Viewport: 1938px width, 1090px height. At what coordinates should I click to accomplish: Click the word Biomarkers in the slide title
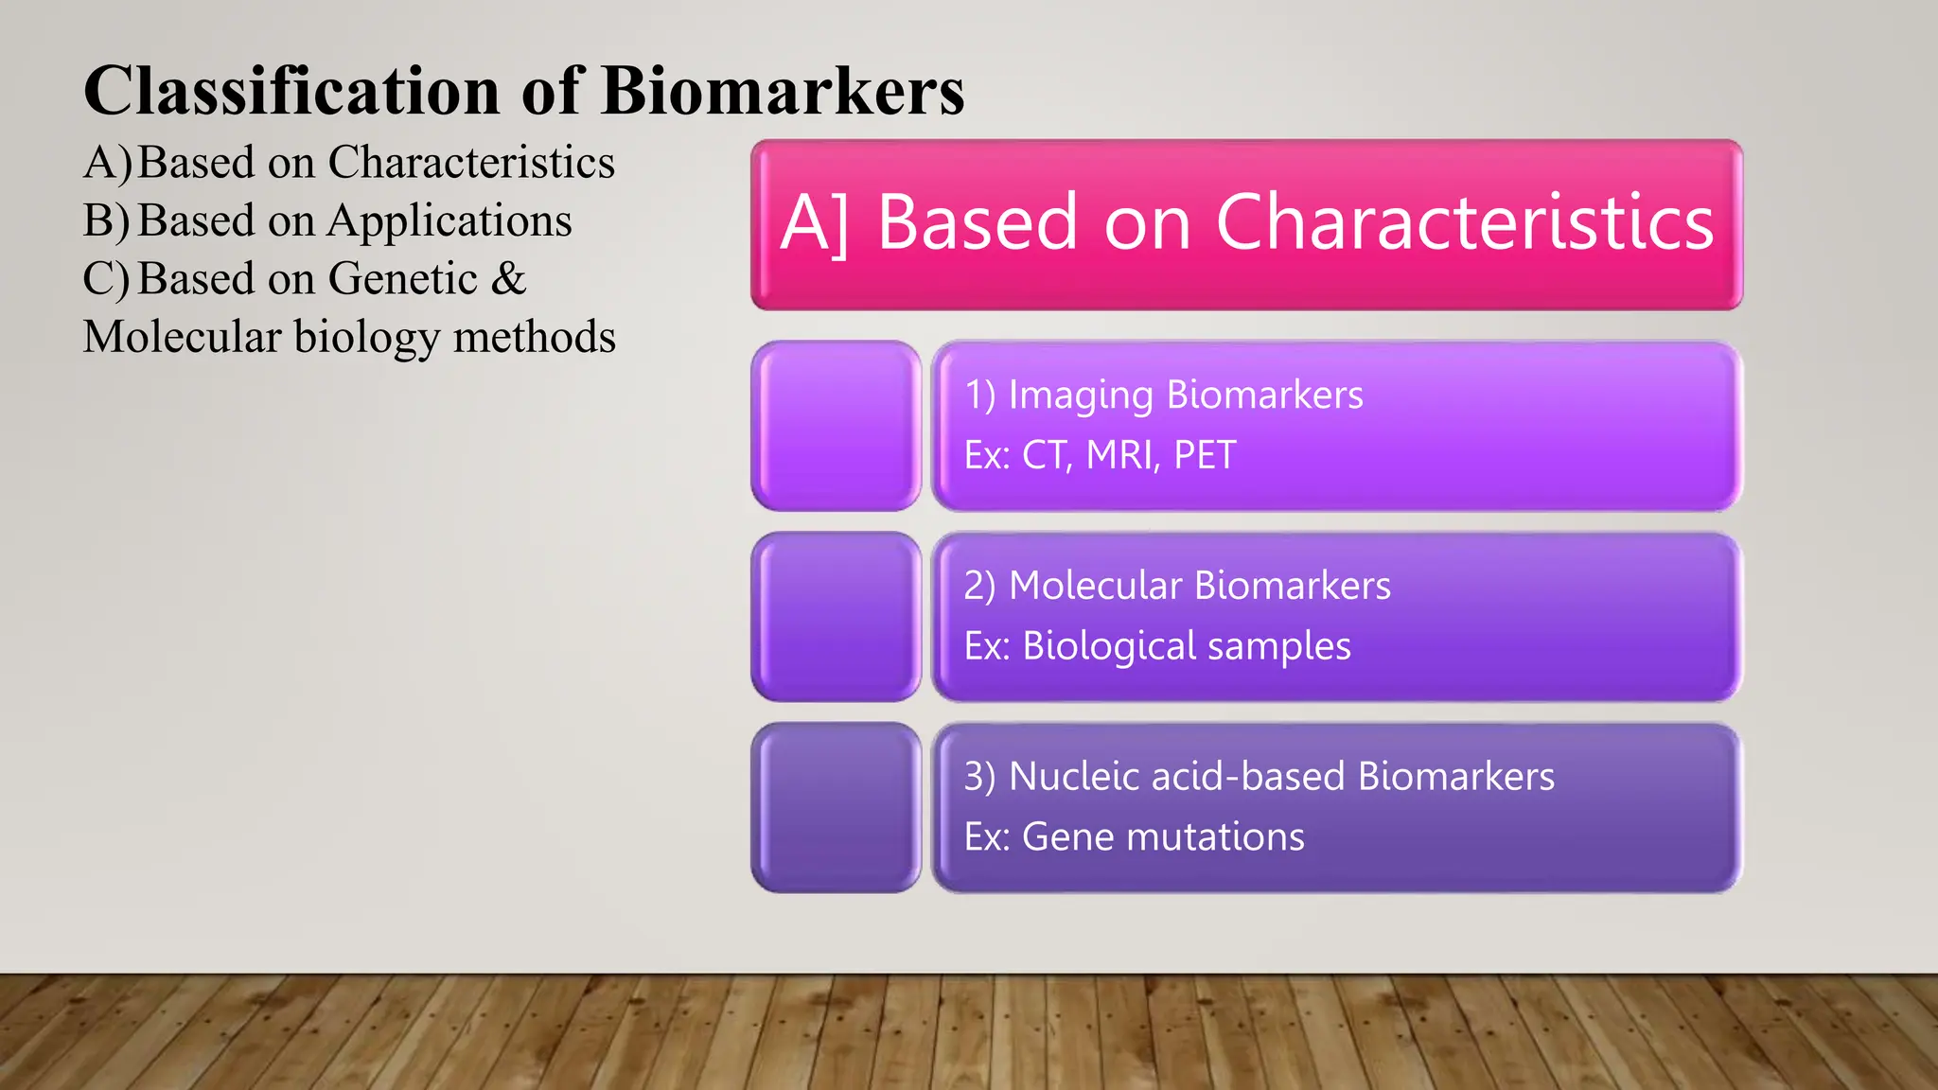click(782, 91)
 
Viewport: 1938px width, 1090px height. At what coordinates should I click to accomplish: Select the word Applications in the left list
click(449, 220)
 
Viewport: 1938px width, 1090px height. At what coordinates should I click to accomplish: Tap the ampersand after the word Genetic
click(508, 278)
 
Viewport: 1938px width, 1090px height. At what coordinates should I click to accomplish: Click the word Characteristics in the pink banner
click(1464, 222)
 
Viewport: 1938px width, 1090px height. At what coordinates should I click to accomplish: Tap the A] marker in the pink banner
click(814, 222)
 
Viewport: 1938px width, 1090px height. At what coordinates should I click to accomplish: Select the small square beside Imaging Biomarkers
click(836, 426)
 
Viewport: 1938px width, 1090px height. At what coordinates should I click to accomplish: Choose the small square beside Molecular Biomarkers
click(836, 617)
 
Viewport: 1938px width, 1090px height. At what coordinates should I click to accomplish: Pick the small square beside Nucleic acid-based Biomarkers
click(836, 807)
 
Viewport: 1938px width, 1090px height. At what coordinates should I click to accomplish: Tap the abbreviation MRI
click(1122, 455)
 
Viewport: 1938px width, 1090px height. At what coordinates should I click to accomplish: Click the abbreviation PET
click(1205, 455)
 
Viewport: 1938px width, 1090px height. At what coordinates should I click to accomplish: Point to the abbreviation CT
click(1044, 455)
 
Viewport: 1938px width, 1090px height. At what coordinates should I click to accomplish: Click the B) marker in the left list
click(106, 220)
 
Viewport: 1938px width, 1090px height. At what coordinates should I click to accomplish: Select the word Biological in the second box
click(1109, 646)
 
